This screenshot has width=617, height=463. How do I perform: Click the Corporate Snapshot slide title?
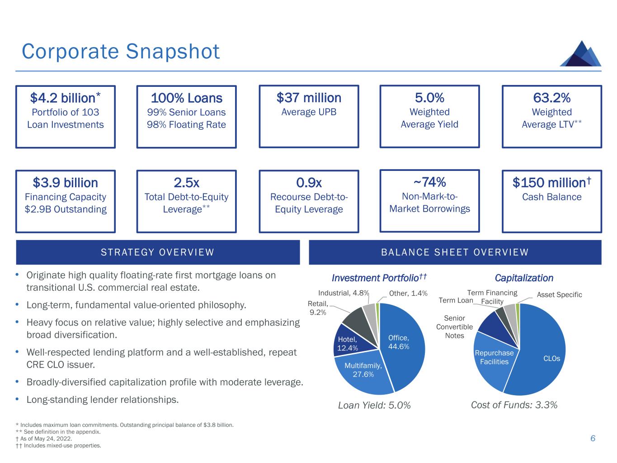click(121, 52)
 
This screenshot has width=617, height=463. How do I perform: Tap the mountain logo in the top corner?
click(580, 54)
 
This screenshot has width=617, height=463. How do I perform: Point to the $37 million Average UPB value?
click(309, 98)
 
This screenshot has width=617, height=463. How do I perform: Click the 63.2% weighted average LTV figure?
click(551, 98)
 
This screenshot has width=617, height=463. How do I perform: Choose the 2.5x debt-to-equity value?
click(186, 183)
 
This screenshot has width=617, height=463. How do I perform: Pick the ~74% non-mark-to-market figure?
click(429, 182)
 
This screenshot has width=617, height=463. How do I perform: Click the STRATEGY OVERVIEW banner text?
click(157, 252)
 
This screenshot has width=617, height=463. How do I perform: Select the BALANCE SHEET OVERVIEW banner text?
click(455, 252)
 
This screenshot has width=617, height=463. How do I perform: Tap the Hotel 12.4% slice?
click(347, 343)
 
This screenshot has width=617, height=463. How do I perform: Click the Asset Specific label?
click(559, 295)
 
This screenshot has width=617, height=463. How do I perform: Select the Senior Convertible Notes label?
click(454, 327)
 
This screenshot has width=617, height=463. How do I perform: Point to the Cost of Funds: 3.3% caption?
click(514, 405)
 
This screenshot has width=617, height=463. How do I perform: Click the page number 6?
click(593, 439)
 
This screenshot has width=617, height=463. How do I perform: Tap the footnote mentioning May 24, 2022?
click(43, 439)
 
